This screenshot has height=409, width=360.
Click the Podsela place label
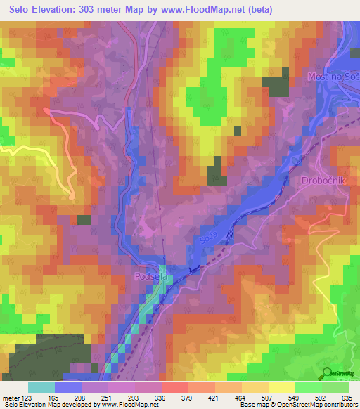[148, 278]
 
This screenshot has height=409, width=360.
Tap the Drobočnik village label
[321, 181]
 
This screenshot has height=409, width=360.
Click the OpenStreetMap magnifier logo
[328, 372]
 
